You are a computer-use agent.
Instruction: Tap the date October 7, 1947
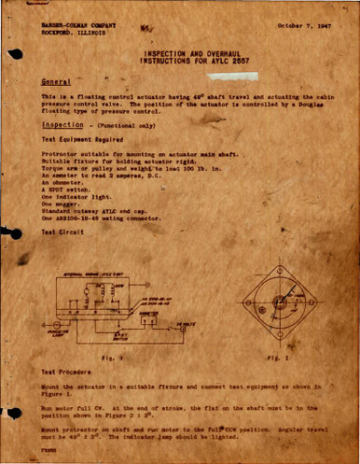(305, 23)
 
